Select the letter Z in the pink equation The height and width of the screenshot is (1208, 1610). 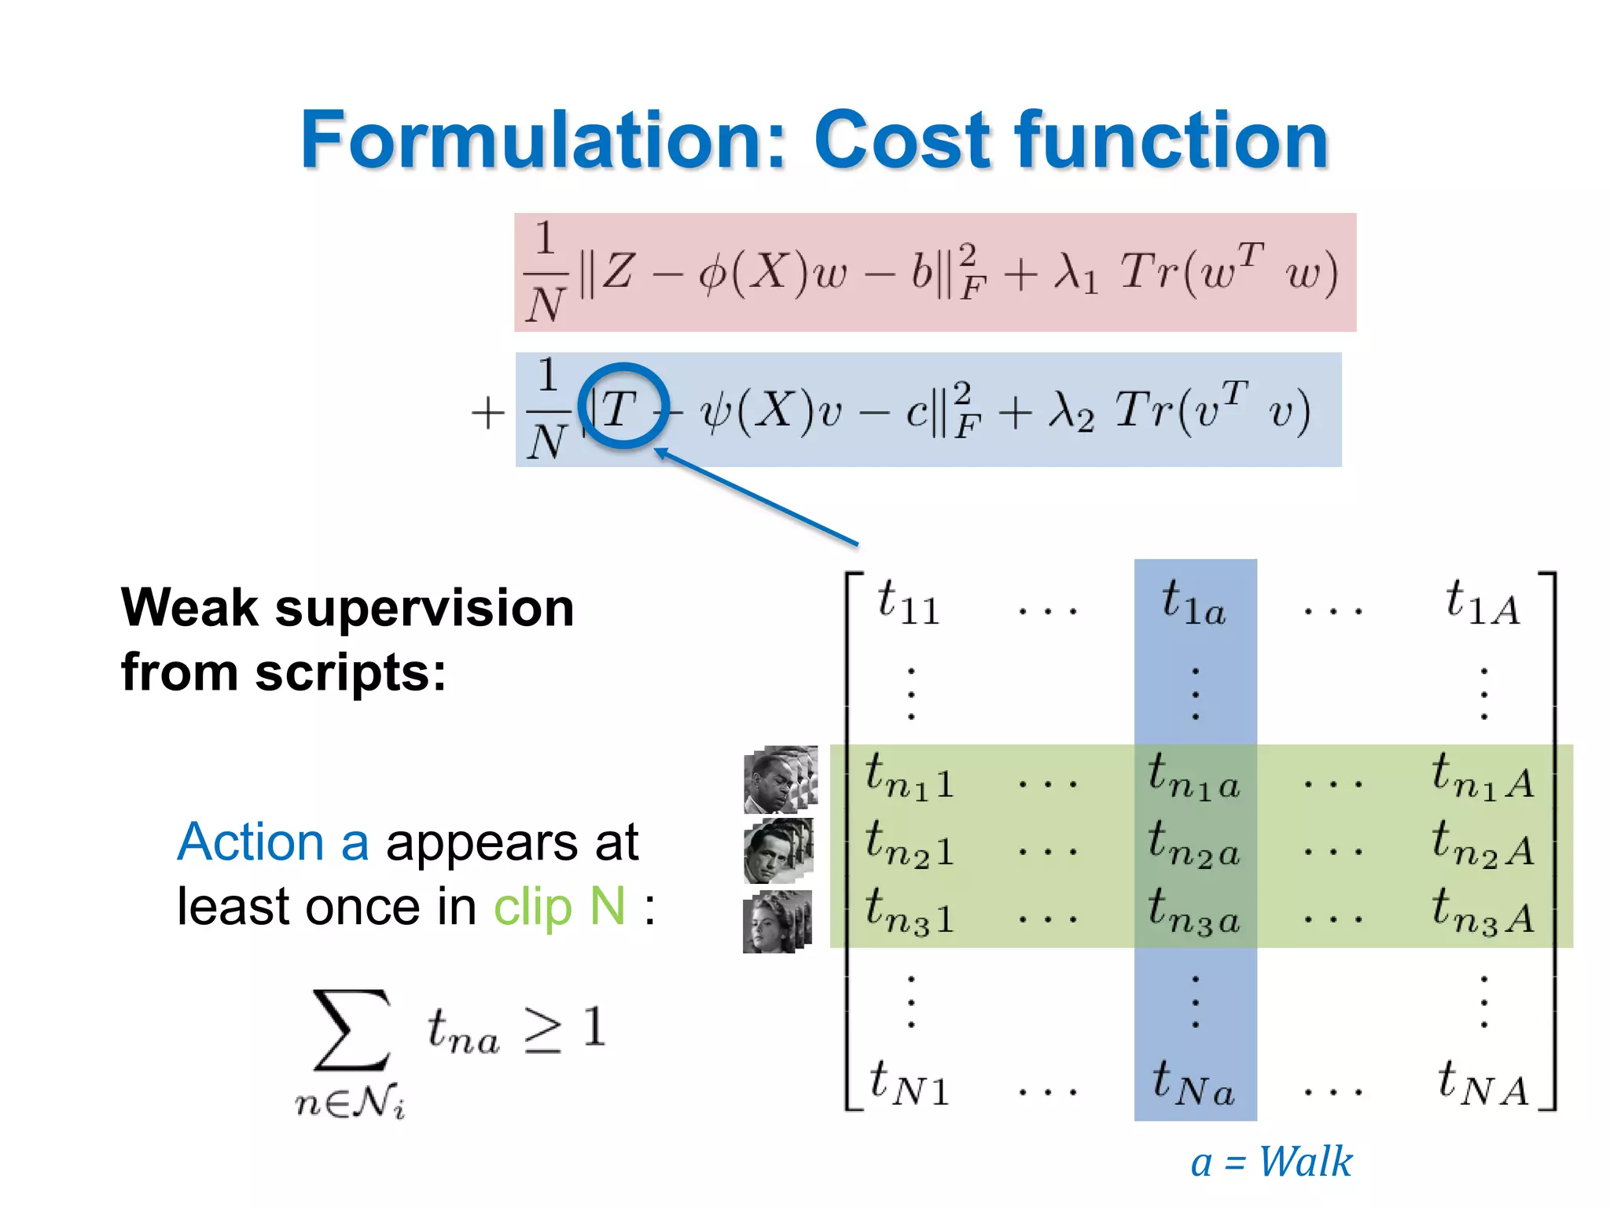tap(618, 271)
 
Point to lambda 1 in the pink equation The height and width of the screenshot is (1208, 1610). tap(1076, 273)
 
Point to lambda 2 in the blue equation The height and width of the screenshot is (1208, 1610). tap(1071, 411)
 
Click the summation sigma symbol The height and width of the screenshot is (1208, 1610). tap(351, 1030)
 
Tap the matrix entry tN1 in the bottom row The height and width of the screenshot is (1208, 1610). tap(909, 1083)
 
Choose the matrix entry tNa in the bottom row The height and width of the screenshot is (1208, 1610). tap(1193, 1083)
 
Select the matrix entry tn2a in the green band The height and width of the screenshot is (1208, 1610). tap(1193, 844)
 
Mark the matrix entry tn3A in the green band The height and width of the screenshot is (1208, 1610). tap(1483, 912)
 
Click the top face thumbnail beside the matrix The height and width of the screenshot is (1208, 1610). tap(780, 779)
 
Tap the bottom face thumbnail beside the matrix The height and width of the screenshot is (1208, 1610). tap(777, 922)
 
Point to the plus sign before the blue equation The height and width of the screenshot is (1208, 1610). tap(487, 413)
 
